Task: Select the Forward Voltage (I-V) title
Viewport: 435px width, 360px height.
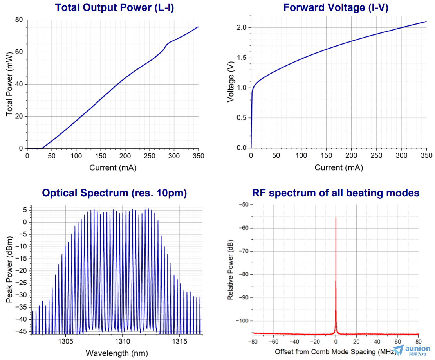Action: pyautogui.click(x=336, y=8)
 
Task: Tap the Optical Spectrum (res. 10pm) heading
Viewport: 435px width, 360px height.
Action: pyautogui.click(x=114, y=193)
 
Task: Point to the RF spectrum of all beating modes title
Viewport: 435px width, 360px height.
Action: pyautogui.click(x=336, y=193)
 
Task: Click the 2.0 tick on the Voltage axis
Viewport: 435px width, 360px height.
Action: pyautogui.click(x=242, y=27)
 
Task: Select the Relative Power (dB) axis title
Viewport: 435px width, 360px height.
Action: pyautogui.click(x=231, y=270)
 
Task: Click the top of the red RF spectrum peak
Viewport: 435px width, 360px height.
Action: pyautogui.click(x=336, y=218)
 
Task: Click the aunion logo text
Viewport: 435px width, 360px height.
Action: pyautogui.click(x=417, y=348)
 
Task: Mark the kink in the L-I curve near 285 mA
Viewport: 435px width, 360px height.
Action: pyautogui.click(x=167, y=45)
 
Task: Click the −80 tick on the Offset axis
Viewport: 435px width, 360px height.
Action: pyautogui.click(x=253, y=341)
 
